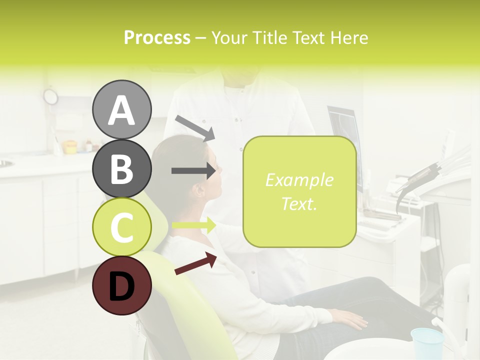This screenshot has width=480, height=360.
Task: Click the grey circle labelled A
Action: (x=121, y=109)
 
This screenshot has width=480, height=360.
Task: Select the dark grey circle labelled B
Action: (x=121, y=168)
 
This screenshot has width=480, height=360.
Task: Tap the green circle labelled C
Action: (x=121, y=227)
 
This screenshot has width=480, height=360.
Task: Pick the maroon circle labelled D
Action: (x=121, y=285)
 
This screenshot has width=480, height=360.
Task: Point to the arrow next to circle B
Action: (x=193, y=170)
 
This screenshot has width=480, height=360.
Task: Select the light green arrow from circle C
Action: (x=193, y=225)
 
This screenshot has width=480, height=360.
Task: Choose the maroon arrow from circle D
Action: (x=195, y=263)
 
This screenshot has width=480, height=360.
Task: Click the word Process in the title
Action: (x=157, y=37)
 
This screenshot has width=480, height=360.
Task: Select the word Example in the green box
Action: (x=299, y=180)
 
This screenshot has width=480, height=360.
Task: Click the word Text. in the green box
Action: (x=299, y=203)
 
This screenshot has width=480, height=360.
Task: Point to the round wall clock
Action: (x=50, y=96)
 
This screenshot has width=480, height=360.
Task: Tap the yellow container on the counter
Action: (x=70, y=147)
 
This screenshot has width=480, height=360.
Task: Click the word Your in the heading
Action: (x=229, y=37)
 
